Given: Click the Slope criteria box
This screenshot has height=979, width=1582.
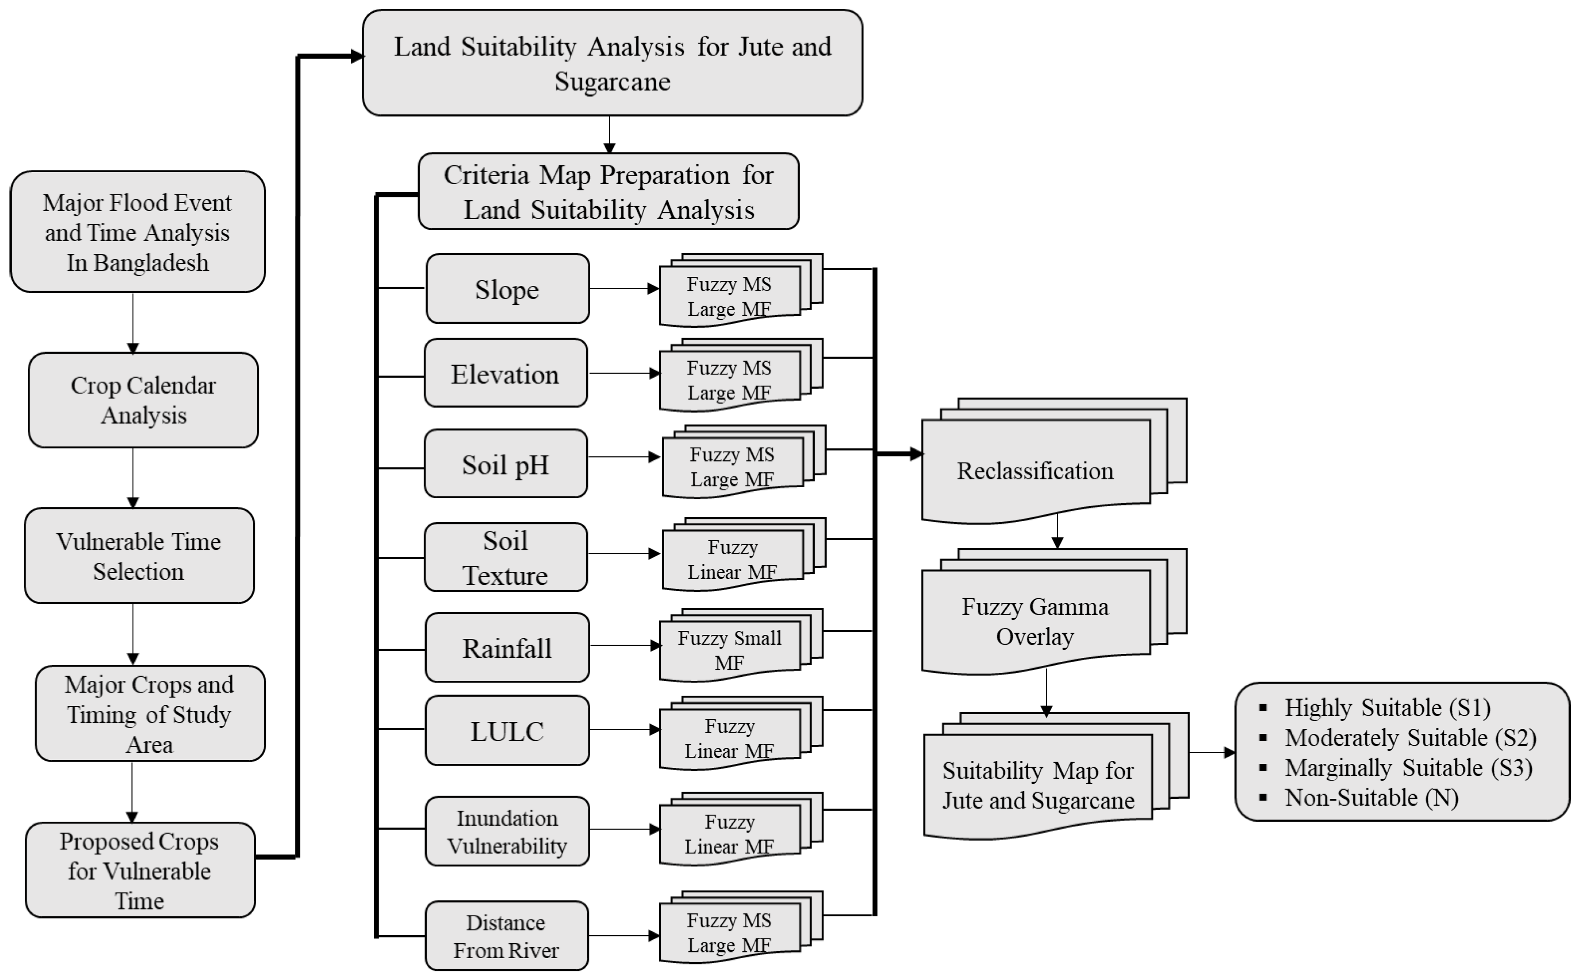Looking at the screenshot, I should click(x=507, y=289).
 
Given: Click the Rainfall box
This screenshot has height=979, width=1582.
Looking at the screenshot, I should click(x=507, y=648).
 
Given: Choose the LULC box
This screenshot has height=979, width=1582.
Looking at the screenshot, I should click(x=507, y=730).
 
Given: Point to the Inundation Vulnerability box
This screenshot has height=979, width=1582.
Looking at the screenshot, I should click(x=507, y=831).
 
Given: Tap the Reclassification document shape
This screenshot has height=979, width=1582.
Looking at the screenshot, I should click(x=1035, y=471).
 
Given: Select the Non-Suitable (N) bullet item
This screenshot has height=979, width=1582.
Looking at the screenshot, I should click(x=1371, y=797).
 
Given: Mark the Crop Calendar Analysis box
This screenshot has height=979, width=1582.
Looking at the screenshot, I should click(x=143, y=400).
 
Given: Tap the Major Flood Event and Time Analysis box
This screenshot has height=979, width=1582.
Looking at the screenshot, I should click(x=137, y=232).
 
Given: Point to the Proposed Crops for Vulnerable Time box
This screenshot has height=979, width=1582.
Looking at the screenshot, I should click(x=140, y=870).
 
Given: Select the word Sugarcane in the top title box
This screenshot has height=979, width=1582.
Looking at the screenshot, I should click(x=612, y=82).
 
